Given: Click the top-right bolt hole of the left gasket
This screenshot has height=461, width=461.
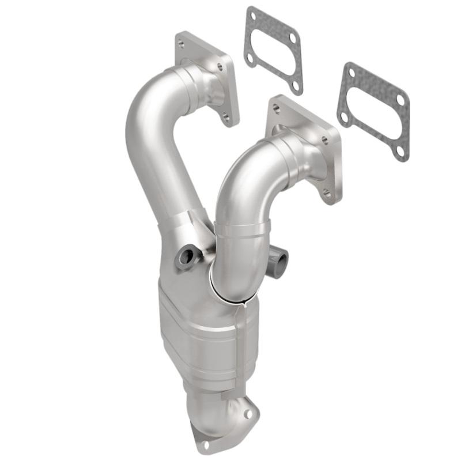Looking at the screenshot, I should click(x=292, y=37).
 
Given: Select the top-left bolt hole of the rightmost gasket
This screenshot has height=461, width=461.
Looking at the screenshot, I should click(x=351, y=72).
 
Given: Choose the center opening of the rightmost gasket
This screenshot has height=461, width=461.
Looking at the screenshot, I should click(x=373, y=112).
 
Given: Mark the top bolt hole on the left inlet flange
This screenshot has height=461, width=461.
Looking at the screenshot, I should click(x=181, y=44).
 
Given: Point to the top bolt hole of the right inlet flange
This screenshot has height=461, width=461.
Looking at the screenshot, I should click(x=277, y=108).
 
